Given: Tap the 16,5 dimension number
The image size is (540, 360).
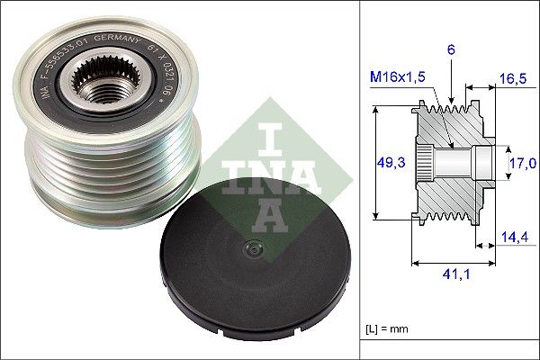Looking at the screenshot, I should (512, 79).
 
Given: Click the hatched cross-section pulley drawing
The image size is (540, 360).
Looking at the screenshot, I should (450, 162).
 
